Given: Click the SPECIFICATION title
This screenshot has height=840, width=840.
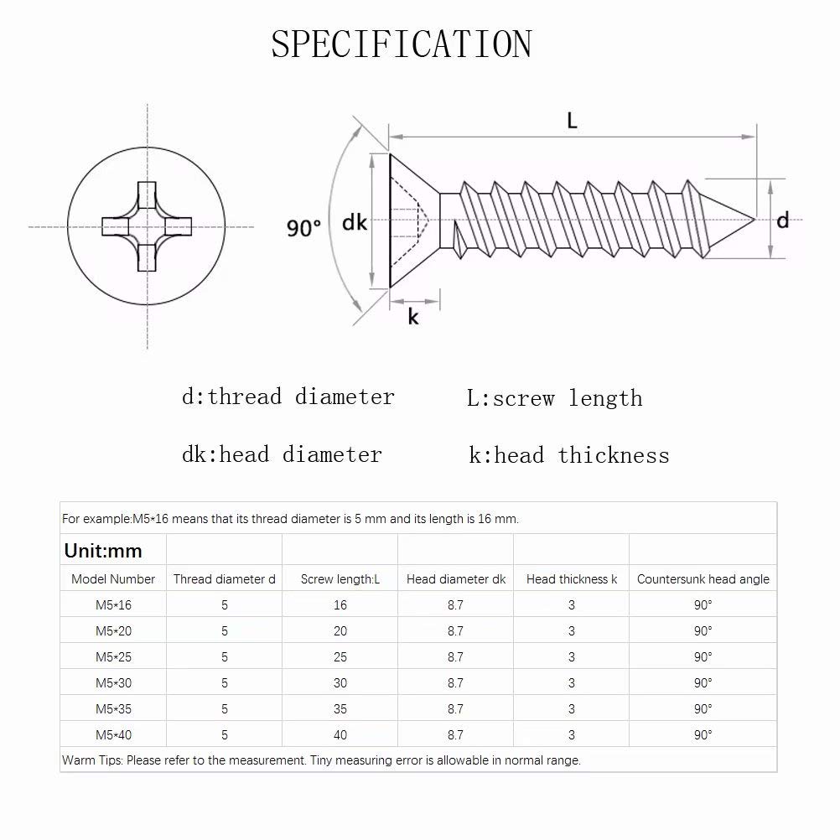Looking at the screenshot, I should (401, 44).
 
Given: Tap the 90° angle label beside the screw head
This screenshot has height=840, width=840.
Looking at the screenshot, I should (303, 227).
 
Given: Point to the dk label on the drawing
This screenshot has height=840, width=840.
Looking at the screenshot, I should (355, 222).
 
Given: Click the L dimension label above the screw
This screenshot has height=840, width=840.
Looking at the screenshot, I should (572, 121).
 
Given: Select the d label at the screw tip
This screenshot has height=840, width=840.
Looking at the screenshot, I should (782, 220).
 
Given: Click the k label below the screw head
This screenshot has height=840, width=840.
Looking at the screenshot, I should (413, 317).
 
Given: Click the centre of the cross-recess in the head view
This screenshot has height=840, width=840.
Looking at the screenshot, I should (147, 226).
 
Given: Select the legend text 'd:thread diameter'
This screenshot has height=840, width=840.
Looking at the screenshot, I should (288, 397).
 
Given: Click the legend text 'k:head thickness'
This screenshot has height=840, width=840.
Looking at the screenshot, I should (569, 455).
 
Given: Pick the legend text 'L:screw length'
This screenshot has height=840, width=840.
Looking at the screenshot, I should (554, 398).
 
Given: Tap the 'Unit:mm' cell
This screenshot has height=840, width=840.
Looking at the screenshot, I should (103, 551).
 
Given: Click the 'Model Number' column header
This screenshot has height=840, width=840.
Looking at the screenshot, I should (113, 579).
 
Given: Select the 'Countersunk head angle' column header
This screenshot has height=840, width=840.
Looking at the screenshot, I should (703, 579).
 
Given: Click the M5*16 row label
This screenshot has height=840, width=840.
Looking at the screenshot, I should (113, 605).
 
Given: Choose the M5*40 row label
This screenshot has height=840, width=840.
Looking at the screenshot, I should (113, 735).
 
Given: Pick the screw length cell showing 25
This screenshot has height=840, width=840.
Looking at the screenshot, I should (340, 657).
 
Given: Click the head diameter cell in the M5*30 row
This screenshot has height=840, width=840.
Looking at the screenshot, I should (455, 683).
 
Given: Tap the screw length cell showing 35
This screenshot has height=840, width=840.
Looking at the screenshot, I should (340, 709).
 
